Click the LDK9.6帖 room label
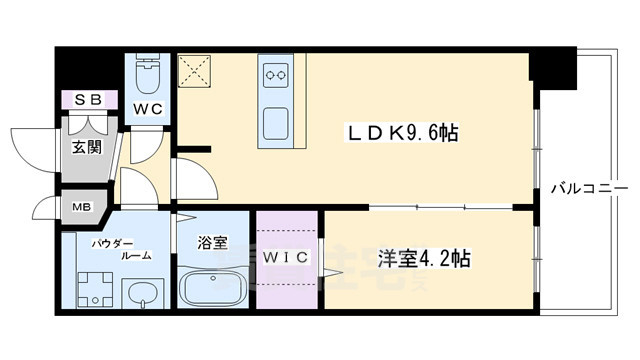(403, 133)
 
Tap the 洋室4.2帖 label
(424, 258)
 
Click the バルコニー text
(589, 187)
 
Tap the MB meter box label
(79, 209)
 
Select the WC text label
(150, 106)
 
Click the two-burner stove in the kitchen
(276, 72)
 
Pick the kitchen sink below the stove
(277, 122)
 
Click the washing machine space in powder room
(96, 291)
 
